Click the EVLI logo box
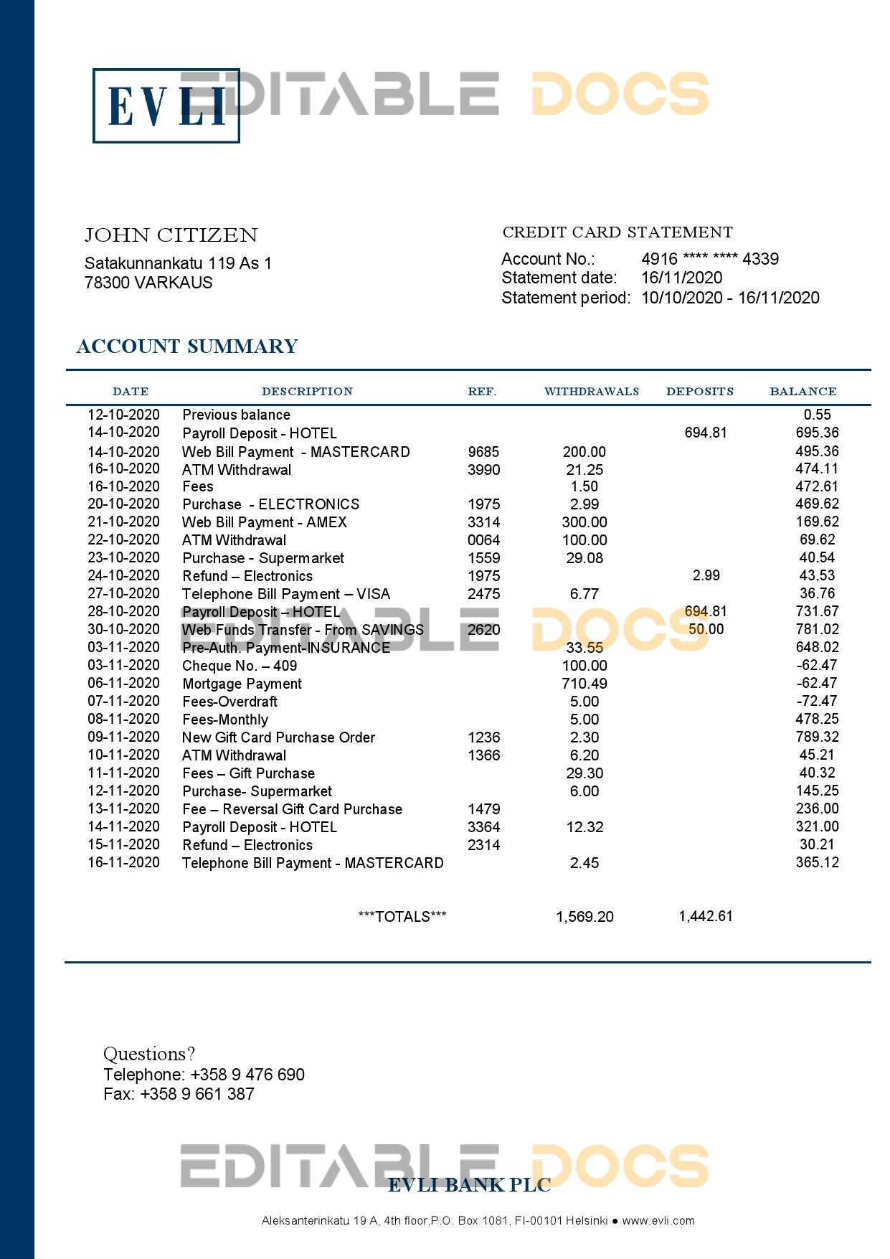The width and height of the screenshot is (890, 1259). click(166, 105)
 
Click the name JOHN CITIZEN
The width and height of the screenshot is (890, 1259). click(171, 235)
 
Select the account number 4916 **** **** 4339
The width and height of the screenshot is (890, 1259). click(709, 259)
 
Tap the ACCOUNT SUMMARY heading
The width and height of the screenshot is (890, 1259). click(187, 346)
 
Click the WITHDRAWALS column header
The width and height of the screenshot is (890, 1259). click(591, 392)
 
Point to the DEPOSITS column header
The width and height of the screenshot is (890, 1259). click(699, 392)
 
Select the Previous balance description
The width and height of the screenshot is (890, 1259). click(236, 415)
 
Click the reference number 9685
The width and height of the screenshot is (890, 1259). click(483, 452)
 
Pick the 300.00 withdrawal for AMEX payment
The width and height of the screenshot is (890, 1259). click(584, 522)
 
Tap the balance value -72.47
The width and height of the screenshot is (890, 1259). click(816, 701)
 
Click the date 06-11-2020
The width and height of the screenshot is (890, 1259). click(123, 683)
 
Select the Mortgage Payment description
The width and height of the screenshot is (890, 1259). click(242, 684)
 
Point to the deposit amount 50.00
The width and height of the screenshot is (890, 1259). click(706, 629)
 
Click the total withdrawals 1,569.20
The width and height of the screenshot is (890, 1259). click(584, 917)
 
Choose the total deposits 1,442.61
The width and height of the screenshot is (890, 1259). click(706, 916)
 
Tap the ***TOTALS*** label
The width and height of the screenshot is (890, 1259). click(402, 917)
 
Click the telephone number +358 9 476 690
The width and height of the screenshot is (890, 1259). click(247, 1075)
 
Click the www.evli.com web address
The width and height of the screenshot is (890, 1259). click(658, 1221)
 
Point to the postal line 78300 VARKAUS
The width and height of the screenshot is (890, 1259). click(148, 283)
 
